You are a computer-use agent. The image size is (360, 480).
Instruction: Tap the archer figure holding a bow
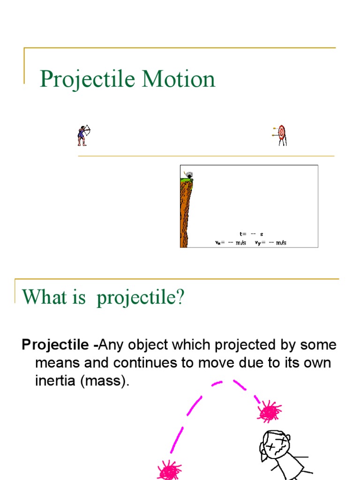(83, 135)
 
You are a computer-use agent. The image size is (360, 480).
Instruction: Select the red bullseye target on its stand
(280, 134)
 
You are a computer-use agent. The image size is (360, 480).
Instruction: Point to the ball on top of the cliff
(189, 176)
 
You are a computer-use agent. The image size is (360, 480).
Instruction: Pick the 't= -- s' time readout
(251, 234)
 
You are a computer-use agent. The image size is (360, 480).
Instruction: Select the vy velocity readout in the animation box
(270, 243)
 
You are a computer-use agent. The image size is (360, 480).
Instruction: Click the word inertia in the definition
(55, 381)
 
